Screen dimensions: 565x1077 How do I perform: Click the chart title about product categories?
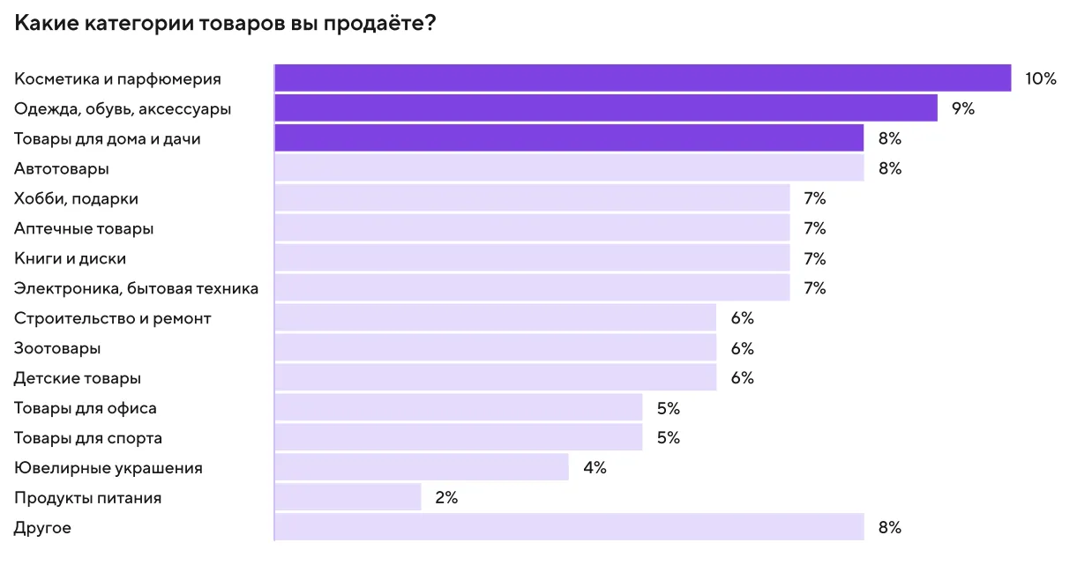click(225, 23)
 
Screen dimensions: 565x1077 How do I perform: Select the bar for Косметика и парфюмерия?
click(642, 78)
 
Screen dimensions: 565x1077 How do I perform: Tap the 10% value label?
click(1040, 78)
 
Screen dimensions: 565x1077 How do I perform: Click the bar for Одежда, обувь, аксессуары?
click(605, 108)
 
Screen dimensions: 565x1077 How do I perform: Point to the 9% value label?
click(962, 108)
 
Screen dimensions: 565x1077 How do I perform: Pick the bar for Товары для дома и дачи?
click(569, 138)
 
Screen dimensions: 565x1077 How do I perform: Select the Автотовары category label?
click(62, 168)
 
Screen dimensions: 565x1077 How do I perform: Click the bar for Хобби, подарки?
click(532, 198)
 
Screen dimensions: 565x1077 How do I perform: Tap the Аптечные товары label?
click(84, 228)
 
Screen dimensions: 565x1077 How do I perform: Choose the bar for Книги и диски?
click(532, 258)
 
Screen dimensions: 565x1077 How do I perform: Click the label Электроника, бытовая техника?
click(136, 288)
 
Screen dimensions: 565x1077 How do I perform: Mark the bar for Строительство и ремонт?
click(495, 318)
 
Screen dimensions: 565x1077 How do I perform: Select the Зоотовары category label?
click(57, 348)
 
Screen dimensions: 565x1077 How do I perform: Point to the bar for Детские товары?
click(495, 378)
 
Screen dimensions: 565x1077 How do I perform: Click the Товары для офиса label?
click(86, 408)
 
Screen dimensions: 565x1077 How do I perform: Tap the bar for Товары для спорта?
click(458, 438)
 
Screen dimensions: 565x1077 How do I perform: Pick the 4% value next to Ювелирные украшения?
click(595, 468)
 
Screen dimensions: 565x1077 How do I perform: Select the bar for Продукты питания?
click(348, 498)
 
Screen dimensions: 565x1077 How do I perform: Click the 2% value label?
click(446, 498)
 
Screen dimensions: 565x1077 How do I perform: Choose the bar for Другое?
click(569, 528)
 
